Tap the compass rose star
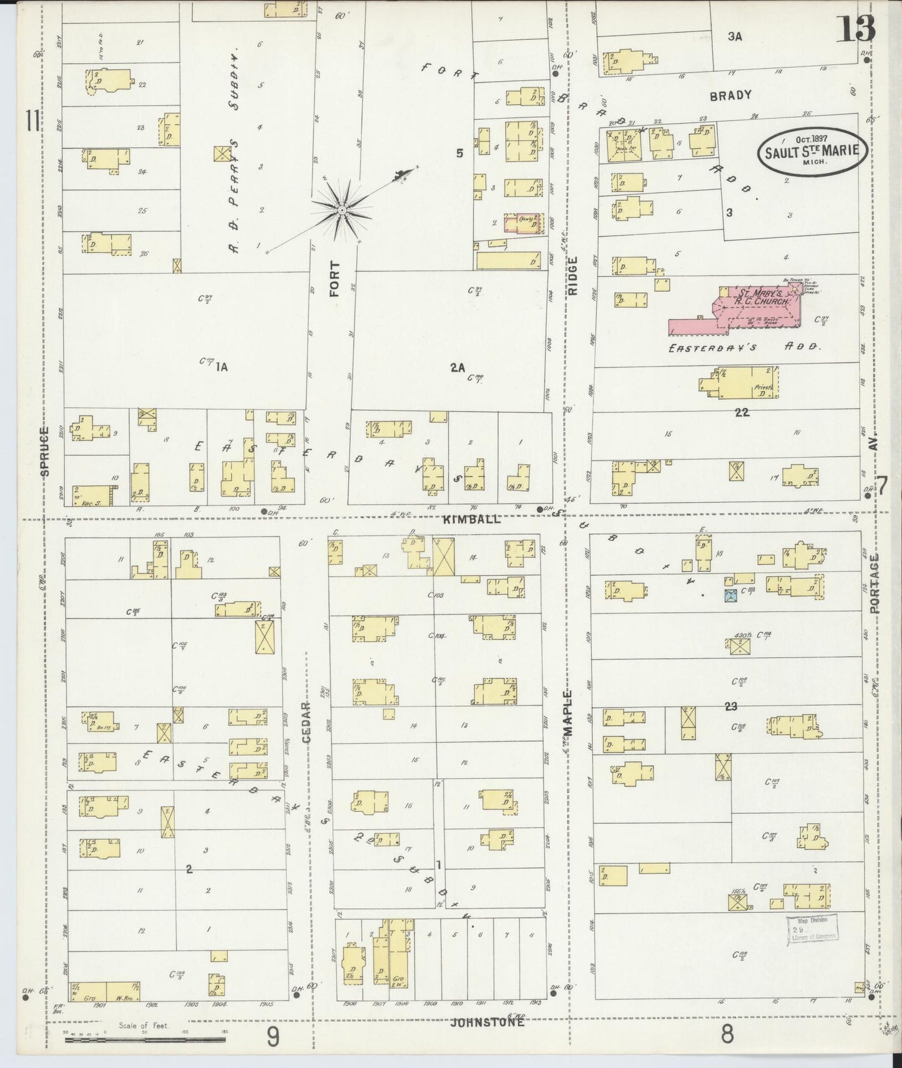click(341, 210)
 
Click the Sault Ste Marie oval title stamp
click(812, 151)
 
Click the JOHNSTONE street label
click(488, 1022)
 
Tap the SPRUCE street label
click(44, 452)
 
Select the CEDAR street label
click(306, 723)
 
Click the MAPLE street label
click(568, 714)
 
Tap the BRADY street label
click(730, 96)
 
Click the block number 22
click(742, 412)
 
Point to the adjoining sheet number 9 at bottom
click(273, 1037)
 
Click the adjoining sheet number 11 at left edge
click(32, 121)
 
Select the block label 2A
click(458, 368)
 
